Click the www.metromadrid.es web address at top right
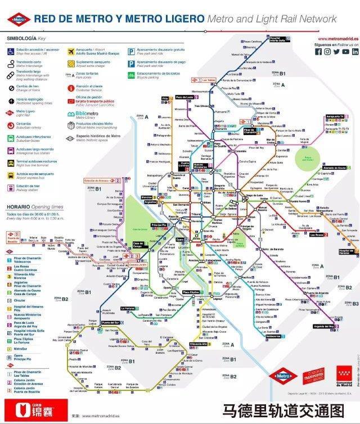tap(338, 39)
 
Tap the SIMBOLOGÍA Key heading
tap(26, 38)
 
